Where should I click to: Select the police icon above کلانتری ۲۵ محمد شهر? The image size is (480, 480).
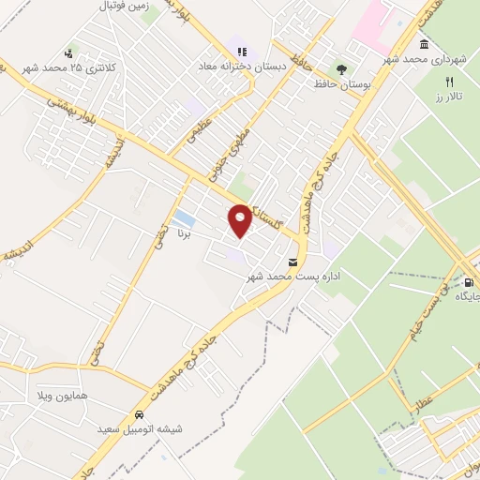[x=68, y=53]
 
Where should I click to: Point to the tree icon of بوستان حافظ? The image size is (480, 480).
[x=340, y=69]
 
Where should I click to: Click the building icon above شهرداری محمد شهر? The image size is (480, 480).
[x=424, y=45]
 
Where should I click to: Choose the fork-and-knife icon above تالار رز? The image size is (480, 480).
[x=449, y=82]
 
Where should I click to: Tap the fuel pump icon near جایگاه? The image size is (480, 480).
[x=468, y=281]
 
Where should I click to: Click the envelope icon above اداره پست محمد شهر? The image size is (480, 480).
[x=293, y=262]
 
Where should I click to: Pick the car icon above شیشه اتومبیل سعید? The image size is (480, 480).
[x=139, y=413]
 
